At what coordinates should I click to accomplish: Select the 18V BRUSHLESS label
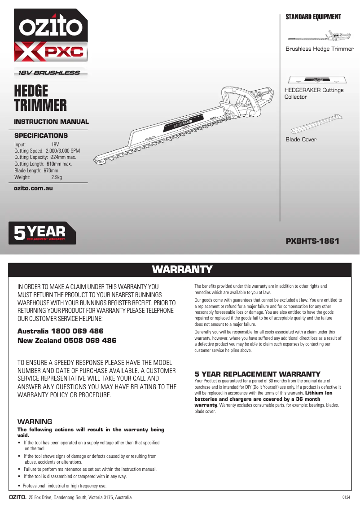click(49, 73)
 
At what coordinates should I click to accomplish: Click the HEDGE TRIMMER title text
click(40, 98)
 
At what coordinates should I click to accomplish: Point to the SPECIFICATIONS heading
click(41, 136)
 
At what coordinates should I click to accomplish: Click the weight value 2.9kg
click(57, 178)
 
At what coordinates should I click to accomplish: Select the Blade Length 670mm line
click(36, 171)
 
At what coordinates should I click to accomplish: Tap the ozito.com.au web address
click(34, 188)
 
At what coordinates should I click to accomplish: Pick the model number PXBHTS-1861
click(312, 241)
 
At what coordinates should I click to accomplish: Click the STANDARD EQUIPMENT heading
click(313, 17)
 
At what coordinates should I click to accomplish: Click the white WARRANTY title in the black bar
click(182, 269)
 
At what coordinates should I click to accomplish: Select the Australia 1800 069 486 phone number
click(61, 331)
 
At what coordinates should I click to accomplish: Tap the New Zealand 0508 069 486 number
click(66, 341)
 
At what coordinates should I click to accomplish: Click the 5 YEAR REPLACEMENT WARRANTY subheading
click(257, 374)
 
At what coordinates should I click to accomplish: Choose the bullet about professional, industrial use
click(65, 486)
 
